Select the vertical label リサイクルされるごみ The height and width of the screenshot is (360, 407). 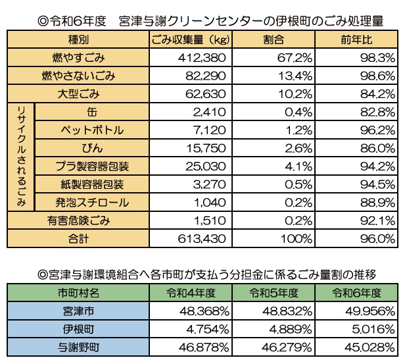(21, 157)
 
